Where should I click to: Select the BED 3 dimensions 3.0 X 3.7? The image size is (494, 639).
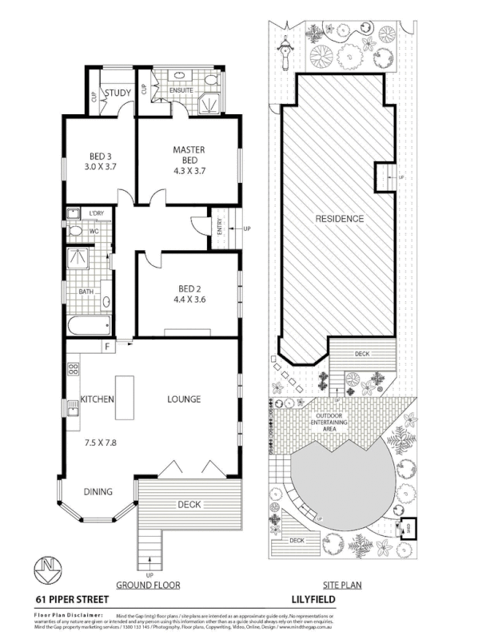pos(101,168)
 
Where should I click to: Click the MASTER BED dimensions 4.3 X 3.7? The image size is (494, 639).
pos(189,170)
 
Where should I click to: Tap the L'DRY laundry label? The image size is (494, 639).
pos(98,213)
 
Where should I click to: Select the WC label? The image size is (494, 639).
pos(94,232)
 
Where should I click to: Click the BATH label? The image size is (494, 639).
pos(86,292)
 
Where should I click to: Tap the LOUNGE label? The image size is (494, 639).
pos(183,399)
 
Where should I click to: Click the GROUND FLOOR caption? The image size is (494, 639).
pos(148,585)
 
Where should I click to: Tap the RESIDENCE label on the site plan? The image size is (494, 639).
pos(339,219)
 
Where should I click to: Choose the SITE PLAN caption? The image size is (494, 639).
pos(341,585)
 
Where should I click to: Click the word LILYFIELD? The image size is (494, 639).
pos(319,598)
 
